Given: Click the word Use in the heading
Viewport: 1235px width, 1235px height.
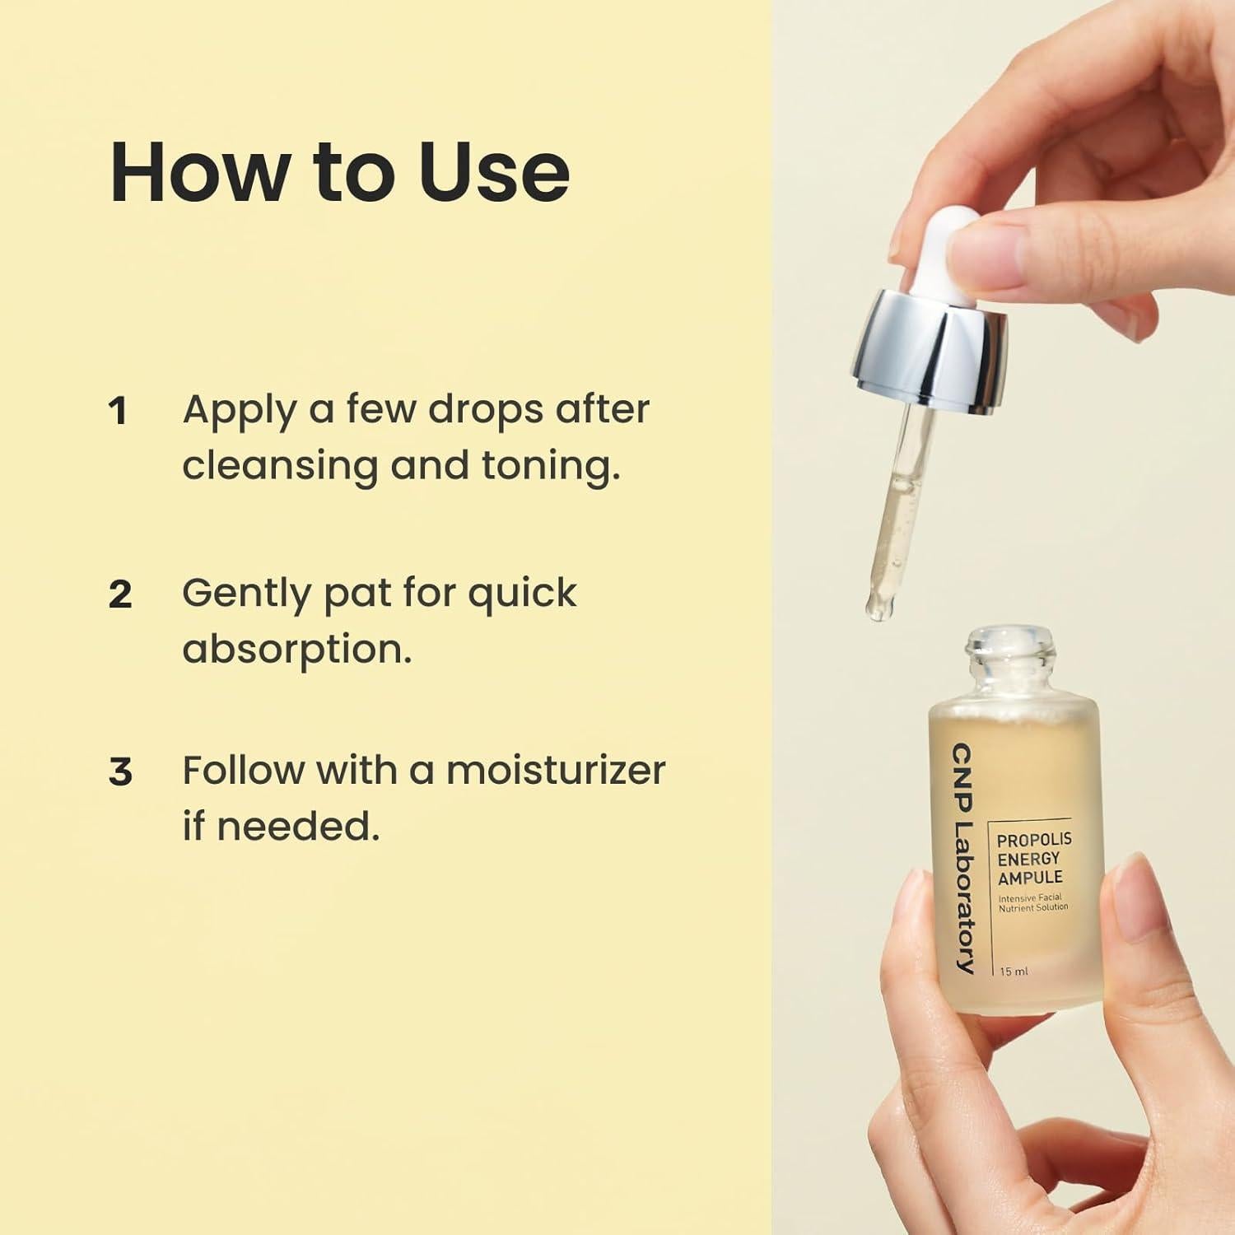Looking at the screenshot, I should click(x=494, y=172).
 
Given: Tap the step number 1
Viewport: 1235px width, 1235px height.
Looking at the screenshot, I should click(x=119, y=411).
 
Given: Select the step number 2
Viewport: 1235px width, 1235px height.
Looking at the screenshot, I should click(x=120, y=594).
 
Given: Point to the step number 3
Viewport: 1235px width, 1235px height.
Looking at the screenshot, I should click(x=120, y=772).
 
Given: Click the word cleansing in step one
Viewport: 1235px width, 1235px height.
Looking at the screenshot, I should click(x=278, y=467).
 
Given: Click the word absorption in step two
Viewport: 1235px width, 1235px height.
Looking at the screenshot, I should click(x=296, y=649).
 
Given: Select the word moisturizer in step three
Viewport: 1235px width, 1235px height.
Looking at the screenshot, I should click(x=555, y=771).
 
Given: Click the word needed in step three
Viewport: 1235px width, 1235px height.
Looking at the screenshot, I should click(x=297, y=826).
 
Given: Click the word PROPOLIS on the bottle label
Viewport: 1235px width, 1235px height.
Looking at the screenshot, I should click(x=1034, y=840).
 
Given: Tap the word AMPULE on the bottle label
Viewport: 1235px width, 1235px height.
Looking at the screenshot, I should click(x=1030, y=878).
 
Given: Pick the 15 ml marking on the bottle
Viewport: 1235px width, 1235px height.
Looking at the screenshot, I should click(x=1014, y=972).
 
